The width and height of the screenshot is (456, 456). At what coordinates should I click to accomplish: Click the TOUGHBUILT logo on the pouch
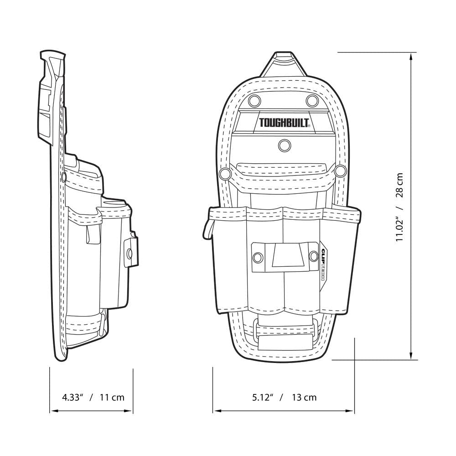(285, 123)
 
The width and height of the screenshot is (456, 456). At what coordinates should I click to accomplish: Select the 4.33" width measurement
(72, 397)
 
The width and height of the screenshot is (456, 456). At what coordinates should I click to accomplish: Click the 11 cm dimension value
(112, 397)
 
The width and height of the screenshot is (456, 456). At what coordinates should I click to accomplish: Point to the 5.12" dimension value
(262, 397)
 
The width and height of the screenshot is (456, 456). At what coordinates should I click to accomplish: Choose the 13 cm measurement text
(304, 397)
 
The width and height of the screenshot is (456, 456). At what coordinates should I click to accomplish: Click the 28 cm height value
(400, 185)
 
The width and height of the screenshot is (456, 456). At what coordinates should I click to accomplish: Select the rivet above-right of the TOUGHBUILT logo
(312, 100)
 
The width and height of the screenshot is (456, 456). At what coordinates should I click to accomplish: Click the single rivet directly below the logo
(284, 145)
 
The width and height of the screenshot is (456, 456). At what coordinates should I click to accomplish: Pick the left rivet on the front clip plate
(258, 258)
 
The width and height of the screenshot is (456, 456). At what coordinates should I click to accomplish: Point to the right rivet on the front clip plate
(314, 257)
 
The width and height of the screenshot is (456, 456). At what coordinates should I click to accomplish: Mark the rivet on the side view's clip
(130, 252)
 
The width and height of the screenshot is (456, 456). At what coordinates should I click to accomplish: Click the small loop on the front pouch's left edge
(207, 228)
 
